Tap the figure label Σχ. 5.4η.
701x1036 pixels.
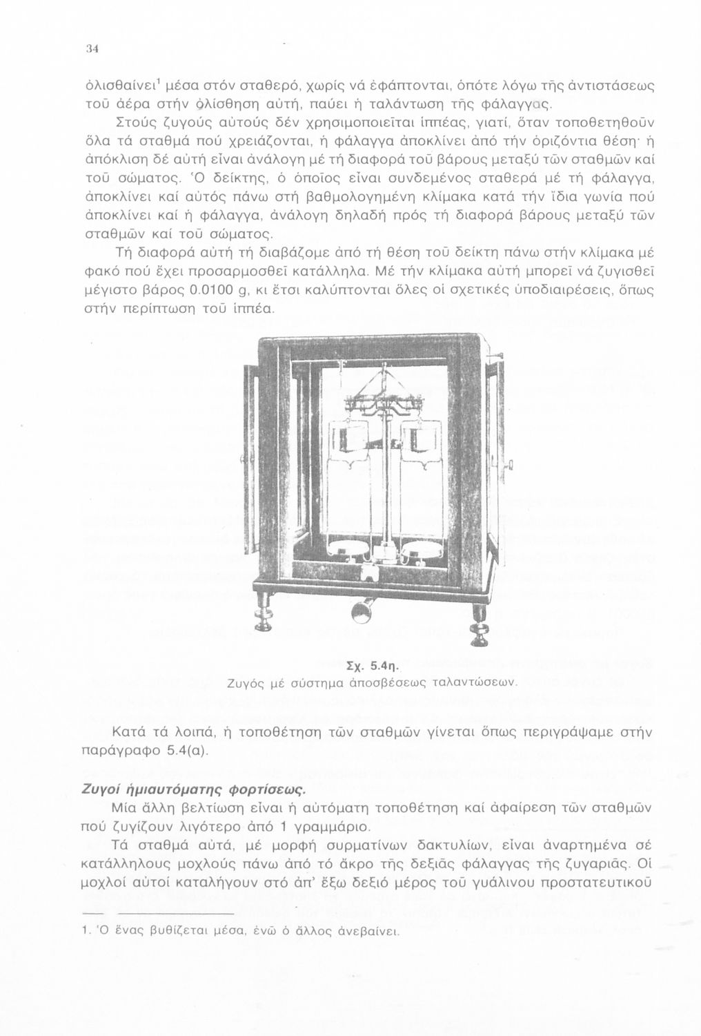(371, 667)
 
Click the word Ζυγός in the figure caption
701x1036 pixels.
(245, 683)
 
